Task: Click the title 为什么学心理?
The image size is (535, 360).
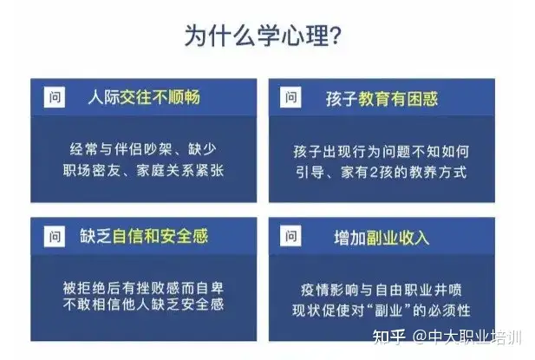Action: coord(263,36)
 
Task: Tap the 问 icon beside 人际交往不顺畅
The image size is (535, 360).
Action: coord(55,97)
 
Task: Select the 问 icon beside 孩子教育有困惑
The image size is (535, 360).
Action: coord(290,97)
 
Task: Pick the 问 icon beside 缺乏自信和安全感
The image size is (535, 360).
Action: coord(55,236)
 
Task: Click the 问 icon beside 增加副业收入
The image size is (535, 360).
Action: coord(290,235)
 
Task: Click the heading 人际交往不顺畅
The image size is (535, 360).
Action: coord(144,97)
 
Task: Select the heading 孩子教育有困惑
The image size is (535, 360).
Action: coord(382,99)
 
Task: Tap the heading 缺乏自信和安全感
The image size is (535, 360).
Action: coord(144,236)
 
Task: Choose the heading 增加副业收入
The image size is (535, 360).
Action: coord(382,238)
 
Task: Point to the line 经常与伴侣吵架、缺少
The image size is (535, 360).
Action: coord(143,149)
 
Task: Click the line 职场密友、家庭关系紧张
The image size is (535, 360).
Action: coord(143,170)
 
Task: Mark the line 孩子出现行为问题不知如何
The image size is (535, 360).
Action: coord(382,151)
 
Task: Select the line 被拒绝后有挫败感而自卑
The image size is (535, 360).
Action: coord(143,288)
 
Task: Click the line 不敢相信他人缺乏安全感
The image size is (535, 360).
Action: coord(143,304)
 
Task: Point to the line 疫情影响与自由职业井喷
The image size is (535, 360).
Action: coord(382,290)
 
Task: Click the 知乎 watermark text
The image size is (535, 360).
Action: coord(389,337)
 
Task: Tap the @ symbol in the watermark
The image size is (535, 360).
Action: coord(420,337)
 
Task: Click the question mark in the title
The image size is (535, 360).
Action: coord(336,36)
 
